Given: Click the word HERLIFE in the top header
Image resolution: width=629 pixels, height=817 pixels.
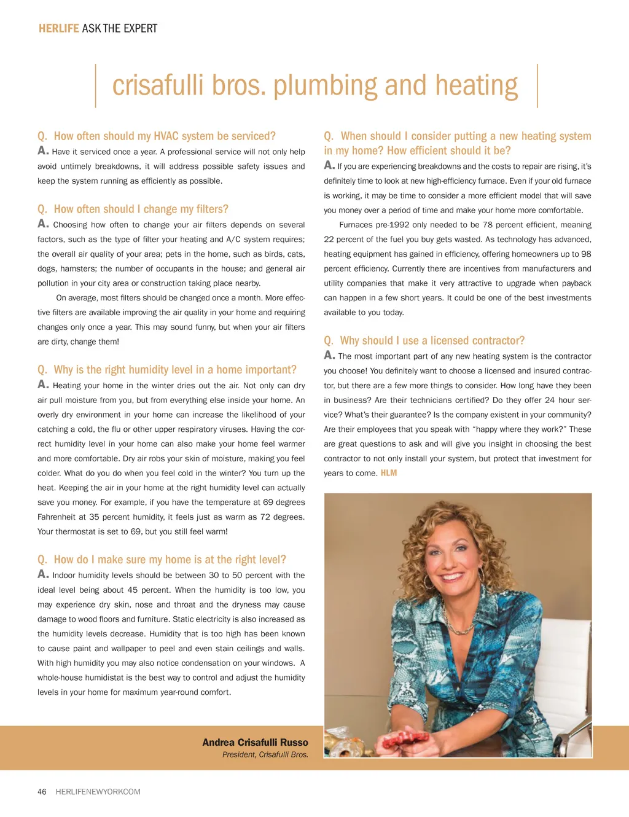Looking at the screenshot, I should click(x=58, y=28).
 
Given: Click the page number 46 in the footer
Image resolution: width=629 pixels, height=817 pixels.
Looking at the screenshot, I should click(x=42, y=792).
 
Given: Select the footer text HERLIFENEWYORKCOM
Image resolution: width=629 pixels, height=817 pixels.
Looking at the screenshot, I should click(x=98, y=792).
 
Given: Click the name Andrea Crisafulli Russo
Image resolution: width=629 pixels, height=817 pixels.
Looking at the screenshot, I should click(x=255, y=742).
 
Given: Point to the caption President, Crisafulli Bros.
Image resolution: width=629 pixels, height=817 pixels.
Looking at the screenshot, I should click(x=265, y=754).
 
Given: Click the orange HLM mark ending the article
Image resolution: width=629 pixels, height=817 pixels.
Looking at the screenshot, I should click(x=389, y=473).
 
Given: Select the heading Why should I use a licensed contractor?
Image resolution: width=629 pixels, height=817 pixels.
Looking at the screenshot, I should click(x=424, y=340).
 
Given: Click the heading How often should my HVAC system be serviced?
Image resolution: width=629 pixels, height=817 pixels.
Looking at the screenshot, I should click(x=157, y=136).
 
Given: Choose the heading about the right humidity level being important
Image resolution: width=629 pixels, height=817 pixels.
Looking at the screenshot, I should click(x=166, y=369).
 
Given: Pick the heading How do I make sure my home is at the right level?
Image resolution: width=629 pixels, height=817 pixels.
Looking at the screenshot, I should click(x=162, y=560).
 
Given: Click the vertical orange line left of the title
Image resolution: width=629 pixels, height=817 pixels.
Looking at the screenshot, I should click(x=96, y=86).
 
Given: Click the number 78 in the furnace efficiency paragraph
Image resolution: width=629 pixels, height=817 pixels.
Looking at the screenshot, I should click(x=487, y=225).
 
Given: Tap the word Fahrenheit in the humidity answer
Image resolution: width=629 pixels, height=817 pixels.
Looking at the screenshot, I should click(x=57, y=517).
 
